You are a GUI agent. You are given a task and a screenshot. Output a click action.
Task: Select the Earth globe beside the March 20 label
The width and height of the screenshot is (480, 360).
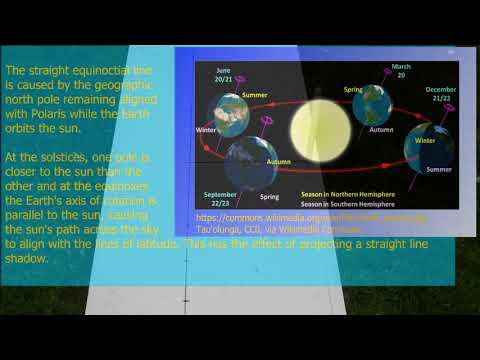click(372, 103)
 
